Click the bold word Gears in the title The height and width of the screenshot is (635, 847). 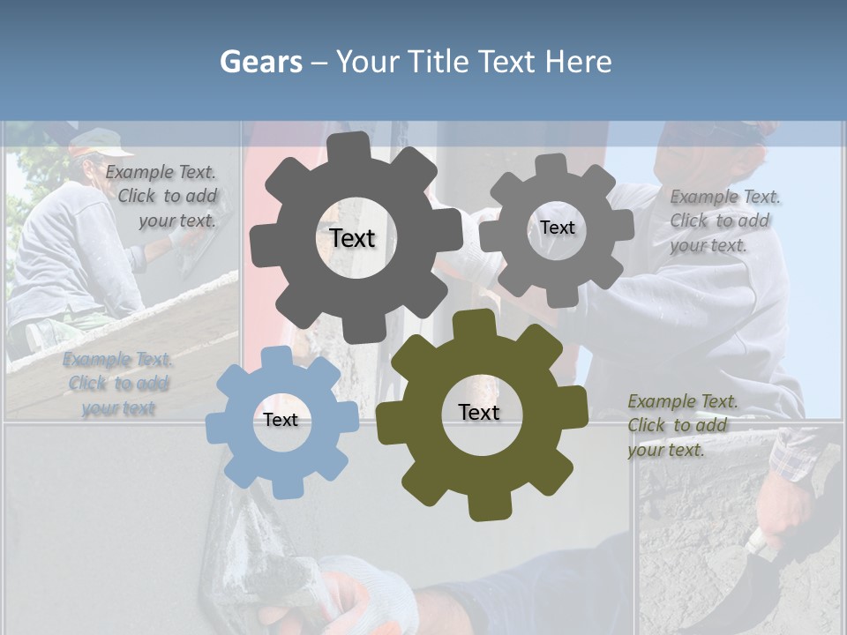[x=260, y=62]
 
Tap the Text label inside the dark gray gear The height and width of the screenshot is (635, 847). [x=352, y=238]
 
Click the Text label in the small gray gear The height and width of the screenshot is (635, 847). [x=557, y=228]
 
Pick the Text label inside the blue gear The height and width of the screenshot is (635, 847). [x=281, y=420]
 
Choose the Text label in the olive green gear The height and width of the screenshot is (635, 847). [x=479, y=412]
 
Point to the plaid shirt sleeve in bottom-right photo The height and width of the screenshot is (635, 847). [x=798, y=454]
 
